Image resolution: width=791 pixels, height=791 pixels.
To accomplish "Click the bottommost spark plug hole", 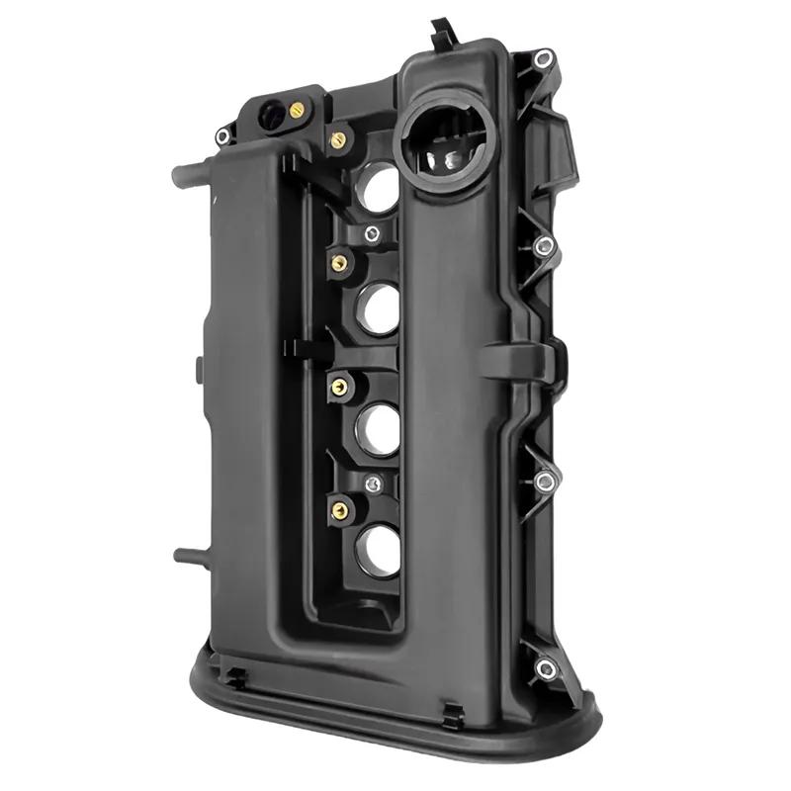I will [x=381, y=551].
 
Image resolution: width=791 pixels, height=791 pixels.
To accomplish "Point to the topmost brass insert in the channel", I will [x=337, y=139].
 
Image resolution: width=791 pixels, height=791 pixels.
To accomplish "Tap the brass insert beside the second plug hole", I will [x=337, y=262].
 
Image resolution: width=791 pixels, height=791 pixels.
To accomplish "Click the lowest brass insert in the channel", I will [x=339, y=510].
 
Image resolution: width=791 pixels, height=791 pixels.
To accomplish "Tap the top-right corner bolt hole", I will [x=543, y=60].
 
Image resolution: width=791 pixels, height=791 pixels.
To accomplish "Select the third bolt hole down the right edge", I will [x=543, y=482].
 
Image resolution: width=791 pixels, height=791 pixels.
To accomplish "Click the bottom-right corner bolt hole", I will [x=545, y=669].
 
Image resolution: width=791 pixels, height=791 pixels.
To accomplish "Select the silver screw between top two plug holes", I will [x=371, y=233].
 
